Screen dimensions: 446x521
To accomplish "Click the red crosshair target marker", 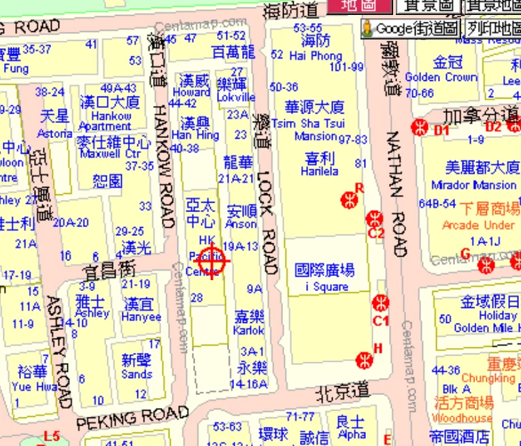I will click(x=212, y=260).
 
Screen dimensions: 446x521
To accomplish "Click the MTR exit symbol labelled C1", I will click(x=382, y=303).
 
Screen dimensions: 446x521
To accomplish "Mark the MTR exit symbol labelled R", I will click(x=350, y=199).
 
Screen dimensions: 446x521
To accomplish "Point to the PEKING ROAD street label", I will click(x=132, y=417).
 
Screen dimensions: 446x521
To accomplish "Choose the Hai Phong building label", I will click(x=316, y=56).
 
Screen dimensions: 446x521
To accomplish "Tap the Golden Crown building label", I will click(x=441, y=78).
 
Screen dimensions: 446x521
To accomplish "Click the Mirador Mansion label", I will click(x=471, y=185).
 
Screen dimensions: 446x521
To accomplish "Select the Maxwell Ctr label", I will click(x=114, y=154).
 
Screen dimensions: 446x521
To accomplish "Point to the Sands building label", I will click(x=137, y=374).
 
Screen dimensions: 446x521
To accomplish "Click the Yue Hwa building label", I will click(x=31, y=387).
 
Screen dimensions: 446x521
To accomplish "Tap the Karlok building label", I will click(x=249, y=330).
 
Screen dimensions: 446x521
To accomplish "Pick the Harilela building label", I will click(x=320, y=171).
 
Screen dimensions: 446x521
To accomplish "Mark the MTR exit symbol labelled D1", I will click(x=420, y=126).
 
